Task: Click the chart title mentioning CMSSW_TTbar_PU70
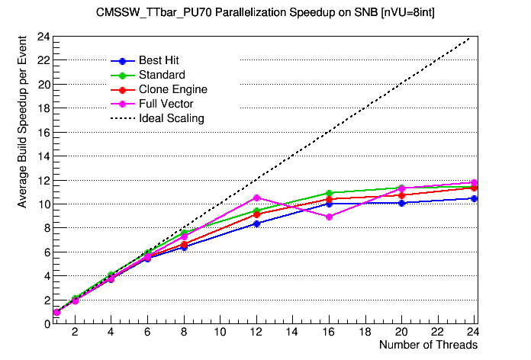point(265,13)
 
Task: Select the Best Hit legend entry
point(159,60)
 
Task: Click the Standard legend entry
point(161,75)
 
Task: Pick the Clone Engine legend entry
point(173,89)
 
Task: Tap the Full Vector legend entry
point(166,104)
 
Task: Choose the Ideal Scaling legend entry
point(171,118)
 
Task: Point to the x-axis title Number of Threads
point(428,346)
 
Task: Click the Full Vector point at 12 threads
point(256,198)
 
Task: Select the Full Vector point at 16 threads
point(329,217)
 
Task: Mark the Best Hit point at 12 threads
point(256,223)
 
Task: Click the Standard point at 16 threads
point(329,193)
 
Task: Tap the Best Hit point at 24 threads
point(474,198)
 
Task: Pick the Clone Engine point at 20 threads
point(401,195)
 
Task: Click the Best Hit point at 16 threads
point(329,204)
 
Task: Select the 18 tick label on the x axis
point(365,333)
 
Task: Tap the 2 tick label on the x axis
point(75,333)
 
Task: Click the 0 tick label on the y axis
point(46,324)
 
